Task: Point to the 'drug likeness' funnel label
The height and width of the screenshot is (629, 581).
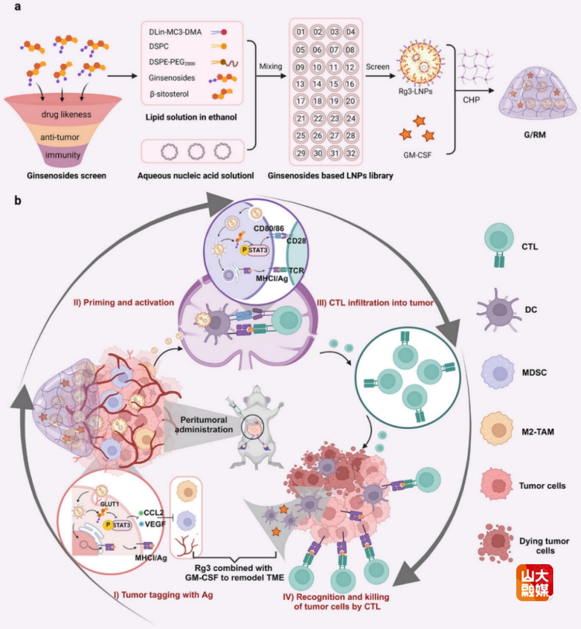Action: coord(67,114)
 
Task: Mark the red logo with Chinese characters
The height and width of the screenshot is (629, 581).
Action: coord(535,582)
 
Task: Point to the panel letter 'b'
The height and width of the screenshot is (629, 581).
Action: coord(19,201)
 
